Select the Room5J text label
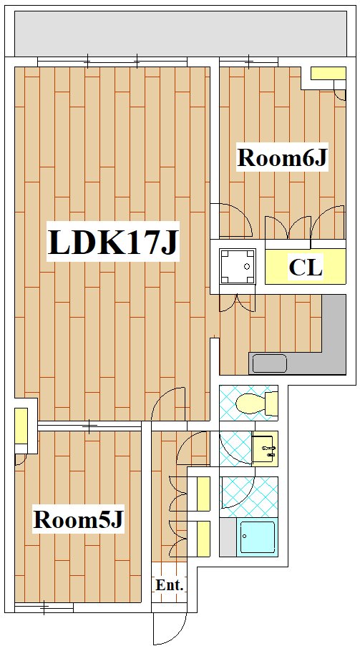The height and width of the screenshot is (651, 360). [x=79, y=519]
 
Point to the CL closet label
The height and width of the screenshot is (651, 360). [x=306, y=268]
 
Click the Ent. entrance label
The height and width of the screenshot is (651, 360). [x=170, y=586]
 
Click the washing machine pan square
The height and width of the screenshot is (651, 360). [x=238, y=267]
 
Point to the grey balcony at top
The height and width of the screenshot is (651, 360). [x=180, y=34]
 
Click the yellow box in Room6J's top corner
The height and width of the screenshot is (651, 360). [x=328, y=73]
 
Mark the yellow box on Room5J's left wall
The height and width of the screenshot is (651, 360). [x=21, y=426]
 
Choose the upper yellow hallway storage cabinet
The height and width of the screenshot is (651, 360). [x=203, y=494]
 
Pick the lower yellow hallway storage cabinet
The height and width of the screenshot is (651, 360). [x=203, y=539]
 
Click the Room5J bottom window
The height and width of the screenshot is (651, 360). [x=44, y=608]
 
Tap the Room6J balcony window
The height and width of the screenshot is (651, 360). [x=249, y=62]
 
